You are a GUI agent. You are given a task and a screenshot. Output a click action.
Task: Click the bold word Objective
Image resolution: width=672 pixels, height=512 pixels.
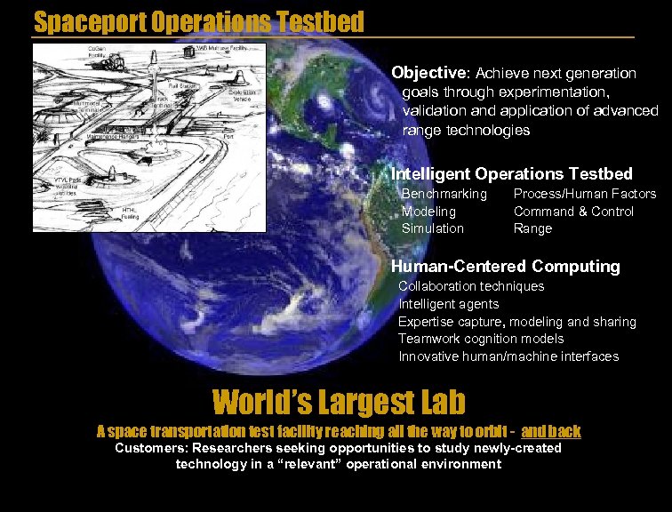(x=429, y=73)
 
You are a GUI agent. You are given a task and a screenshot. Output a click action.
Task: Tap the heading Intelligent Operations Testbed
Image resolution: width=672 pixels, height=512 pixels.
(x=511, y=173)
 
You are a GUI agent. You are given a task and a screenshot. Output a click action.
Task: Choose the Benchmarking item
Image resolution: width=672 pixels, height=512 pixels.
(x=444, y=194)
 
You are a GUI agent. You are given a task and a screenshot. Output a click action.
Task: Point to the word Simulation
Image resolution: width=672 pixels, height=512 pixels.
(x=432, y=228)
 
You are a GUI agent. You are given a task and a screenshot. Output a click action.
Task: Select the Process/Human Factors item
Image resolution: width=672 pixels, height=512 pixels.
(x=584, y=194)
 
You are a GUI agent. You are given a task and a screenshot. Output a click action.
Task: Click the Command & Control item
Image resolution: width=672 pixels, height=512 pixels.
(x=573, y=212)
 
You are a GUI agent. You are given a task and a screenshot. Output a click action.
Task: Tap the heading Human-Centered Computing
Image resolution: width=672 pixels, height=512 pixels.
(x=505, y=266)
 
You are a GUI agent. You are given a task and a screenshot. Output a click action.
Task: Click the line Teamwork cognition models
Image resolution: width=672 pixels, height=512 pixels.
(x=480, y=339)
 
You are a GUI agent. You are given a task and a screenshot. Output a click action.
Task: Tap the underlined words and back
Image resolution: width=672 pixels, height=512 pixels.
(x=551, y=432)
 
